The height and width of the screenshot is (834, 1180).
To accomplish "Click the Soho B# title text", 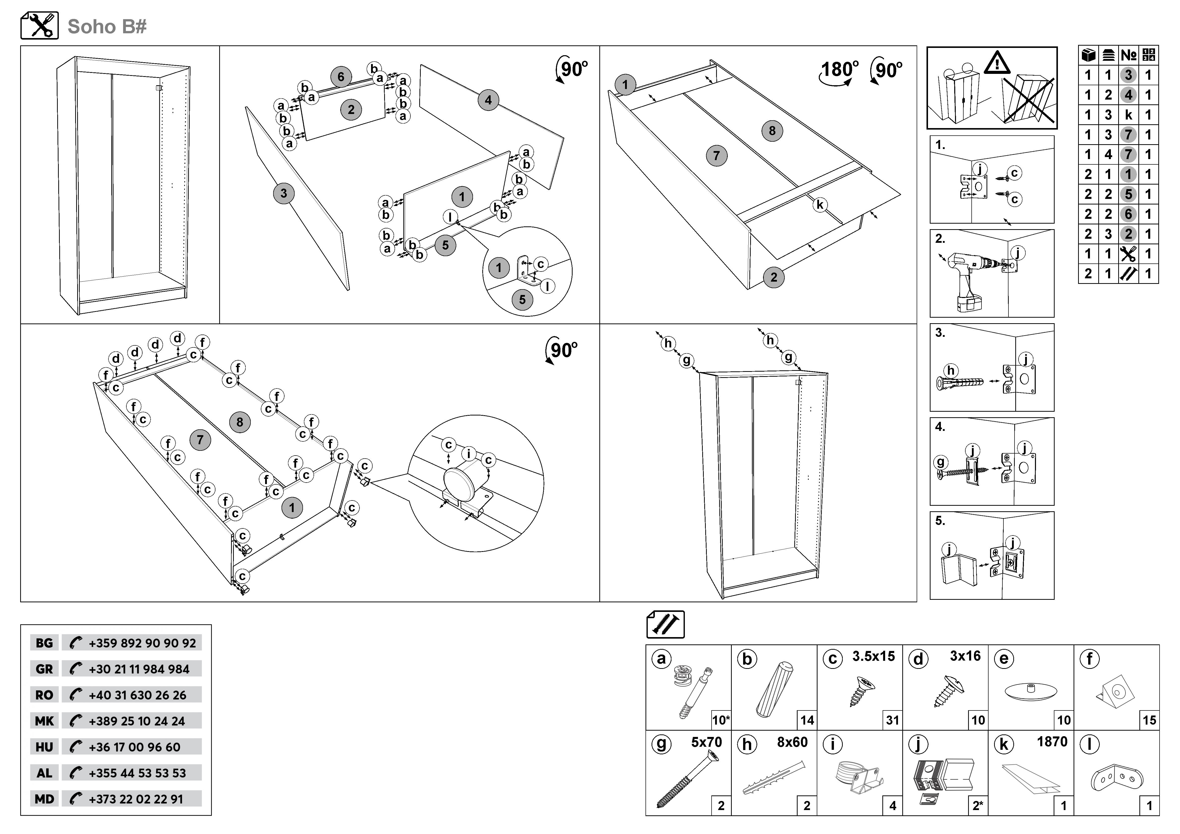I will click(x=107, y=26).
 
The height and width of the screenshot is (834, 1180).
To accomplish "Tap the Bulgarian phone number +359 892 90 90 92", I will click(x=142, y=643).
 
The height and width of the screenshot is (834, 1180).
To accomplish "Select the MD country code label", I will click(x=44, y=799).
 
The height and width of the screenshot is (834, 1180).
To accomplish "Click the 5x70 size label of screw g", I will click(x=706, y=742).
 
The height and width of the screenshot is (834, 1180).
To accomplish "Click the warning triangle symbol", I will click(x=997, y=63).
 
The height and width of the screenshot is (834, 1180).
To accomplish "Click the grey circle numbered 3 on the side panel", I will click(x=284, y=194).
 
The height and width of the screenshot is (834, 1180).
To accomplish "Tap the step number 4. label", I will click(x=940, y=427).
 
